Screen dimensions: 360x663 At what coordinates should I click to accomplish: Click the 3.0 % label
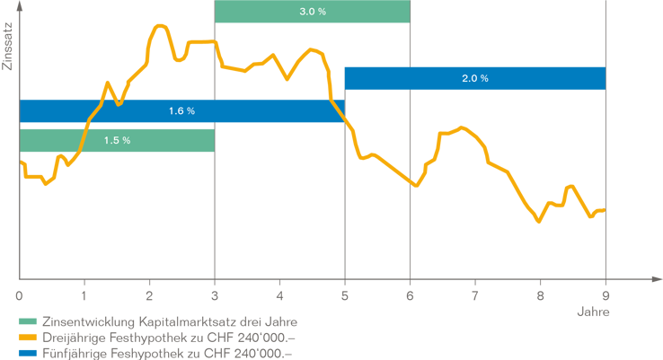(x=312, y=12)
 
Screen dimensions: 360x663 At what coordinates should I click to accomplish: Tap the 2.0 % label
(x=474, y=78)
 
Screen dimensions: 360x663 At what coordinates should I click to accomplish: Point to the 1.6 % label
(x=181, y=111)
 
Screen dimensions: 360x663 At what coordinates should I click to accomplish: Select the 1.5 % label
(x=117, y=140)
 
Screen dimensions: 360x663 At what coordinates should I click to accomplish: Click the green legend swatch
(x=31, y=325)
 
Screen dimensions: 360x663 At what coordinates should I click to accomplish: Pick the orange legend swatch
(x=31, y=340)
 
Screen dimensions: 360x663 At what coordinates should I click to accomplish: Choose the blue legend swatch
(x=31, y=355)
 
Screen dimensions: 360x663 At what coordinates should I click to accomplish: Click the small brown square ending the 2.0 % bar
(x=612, y=78)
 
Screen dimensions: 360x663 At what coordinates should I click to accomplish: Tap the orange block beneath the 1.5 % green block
(x=117, y=233)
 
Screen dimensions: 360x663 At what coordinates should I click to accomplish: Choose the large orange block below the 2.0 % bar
(x=508, y=215)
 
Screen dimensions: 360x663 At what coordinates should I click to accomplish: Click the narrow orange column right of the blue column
(x=378, y=215)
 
